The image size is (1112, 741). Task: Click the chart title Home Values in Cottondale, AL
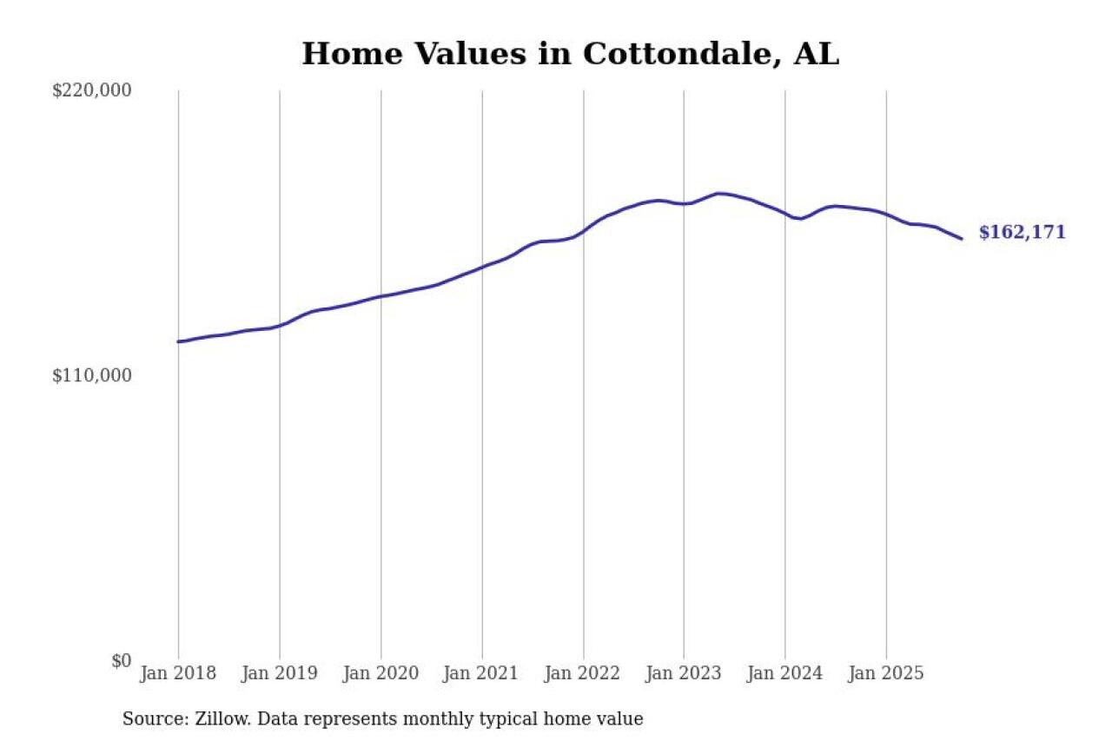(x=570, y=54)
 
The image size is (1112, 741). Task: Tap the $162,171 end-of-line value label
(x=1022, y=233)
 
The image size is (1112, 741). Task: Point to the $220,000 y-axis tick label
(x=91, y=90)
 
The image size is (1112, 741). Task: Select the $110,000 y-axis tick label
(x=91, y=375)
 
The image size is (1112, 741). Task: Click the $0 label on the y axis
(x=121, y=660)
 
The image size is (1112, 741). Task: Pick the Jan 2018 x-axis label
(x=178, y=673)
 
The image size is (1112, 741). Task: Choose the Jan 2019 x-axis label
(x=279, y=673)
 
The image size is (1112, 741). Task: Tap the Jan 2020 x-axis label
(x=381, y=673)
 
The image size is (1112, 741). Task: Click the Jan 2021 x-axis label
(x=481, y=673)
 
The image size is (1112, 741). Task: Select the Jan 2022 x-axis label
(x=583, y=673)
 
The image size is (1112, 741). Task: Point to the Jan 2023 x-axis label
(x=684, y=673)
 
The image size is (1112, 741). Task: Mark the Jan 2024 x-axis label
(x=784, y=673)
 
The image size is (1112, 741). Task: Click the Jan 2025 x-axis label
(x=886, y=673)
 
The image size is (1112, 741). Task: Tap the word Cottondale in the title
(x=682, y=54)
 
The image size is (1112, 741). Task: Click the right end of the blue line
(x=961, y=238)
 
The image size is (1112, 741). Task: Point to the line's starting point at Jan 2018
(x=179, y=341)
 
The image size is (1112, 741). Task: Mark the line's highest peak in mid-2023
(x=719, y=193)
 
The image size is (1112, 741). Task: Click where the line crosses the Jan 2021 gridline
(x=482, y=267)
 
